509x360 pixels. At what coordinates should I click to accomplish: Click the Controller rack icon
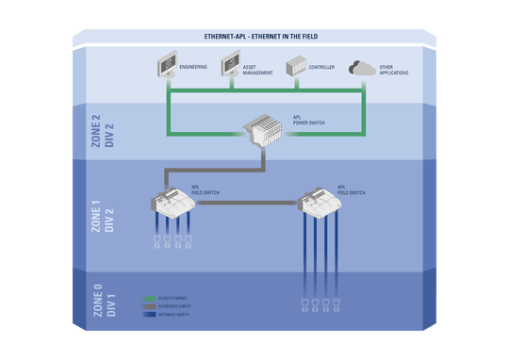pyautogui.click(x=296, y=68)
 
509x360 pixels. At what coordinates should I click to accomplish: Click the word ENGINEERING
pyautogui.click(x=194, y=68)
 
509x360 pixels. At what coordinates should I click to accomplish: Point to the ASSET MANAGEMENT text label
pyautogui.click(x=259, y=70)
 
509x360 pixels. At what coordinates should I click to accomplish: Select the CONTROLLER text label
pyautogui.click(x=321, y=68)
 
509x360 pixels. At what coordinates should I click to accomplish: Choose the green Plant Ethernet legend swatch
pyautogui.click(x=149, y=297)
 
